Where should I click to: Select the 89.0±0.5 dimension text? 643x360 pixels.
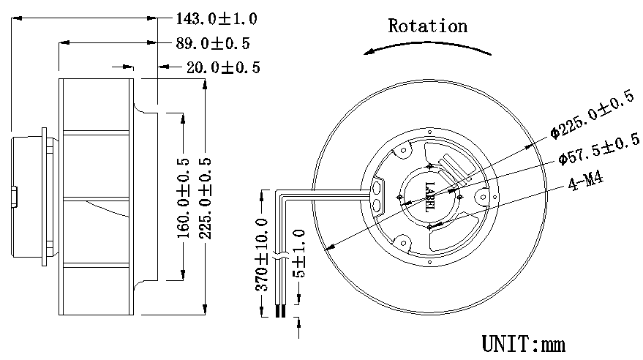pos(215,43)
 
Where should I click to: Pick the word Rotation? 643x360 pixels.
pos(427,27)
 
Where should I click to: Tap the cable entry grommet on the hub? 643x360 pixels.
pos(378,193)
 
